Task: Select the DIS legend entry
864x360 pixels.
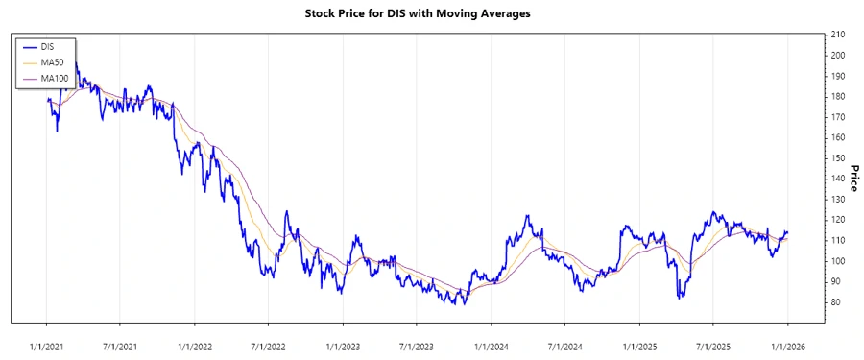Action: point(48,46)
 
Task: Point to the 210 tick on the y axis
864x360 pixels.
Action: point(837,35)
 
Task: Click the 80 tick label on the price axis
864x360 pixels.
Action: point(835,302)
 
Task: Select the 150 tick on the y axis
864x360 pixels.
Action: point(837,158)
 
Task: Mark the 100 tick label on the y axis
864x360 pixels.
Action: point(837,261)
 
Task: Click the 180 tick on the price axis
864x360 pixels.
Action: point(837,96)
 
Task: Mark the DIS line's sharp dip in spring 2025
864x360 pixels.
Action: point(680,296)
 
